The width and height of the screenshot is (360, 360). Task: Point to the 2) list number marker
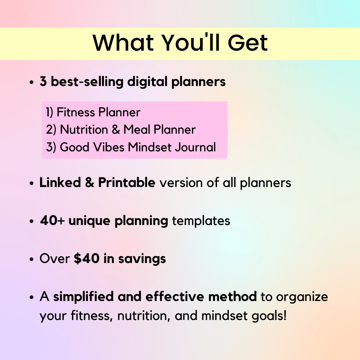click(x=51, y=130)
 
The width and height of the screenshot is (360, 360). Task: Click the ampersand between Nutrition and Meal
click(x=116, y=130)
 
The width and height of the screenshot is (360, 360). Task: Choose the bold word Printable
click(x=126, y=183)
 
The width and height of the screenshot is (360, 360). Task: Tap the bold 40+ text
click(x=52, y=221)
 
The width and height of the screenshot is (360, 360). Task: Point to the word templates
click(x=201, y=221)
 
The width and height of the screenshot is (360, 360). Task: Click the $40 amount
click(x=87, y=259)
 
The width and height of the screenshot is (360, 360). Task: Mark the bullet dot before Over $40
click(x=32, y=259)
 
